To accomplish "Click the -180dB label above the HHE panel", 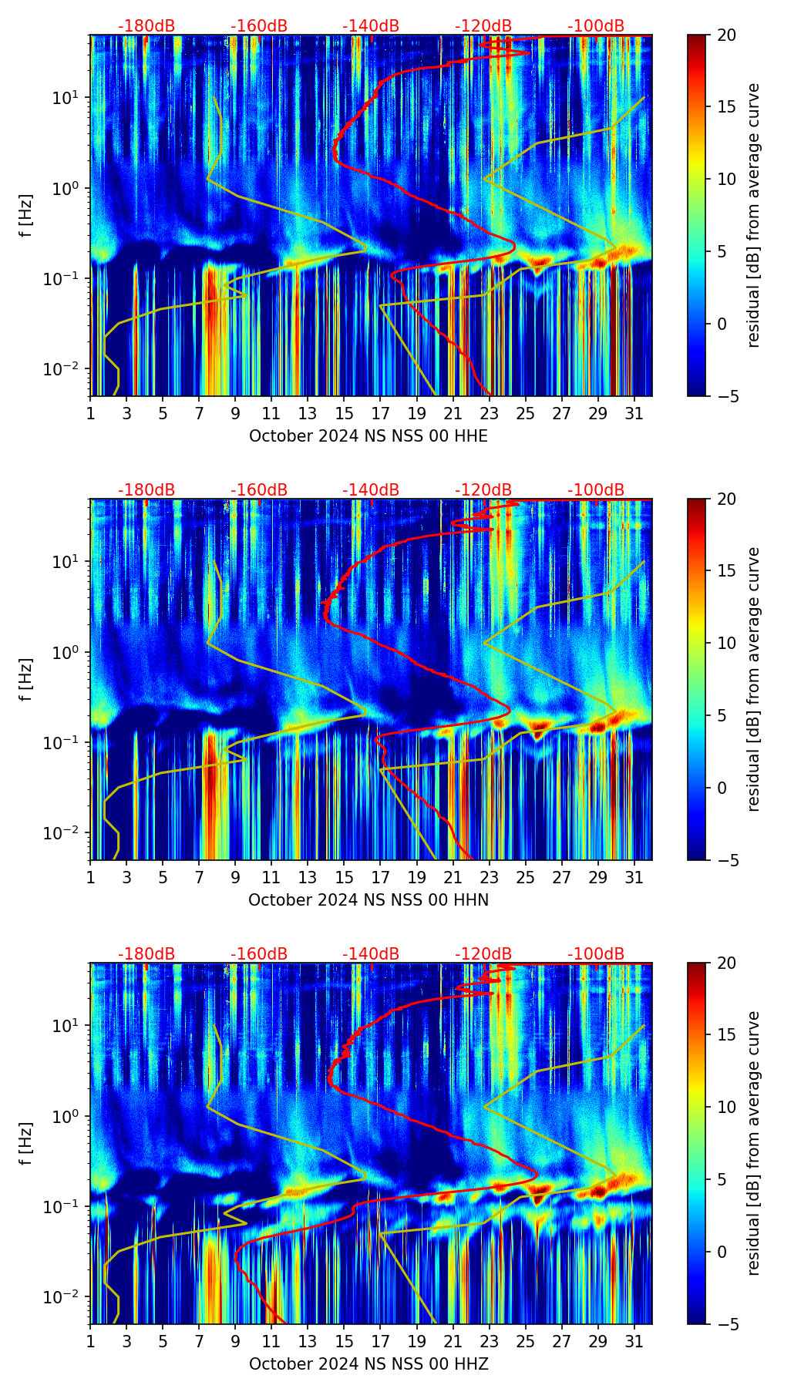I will point(146,26).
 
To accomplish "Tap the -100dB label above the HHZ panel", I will point(596,954).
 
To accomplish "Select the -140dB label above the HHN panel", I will point(371,490).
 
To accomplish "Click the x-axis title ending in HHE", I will point(368,436).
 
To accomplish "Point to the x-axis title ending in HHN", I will point(368,900).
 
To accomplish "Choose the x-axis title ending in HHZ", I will point(368,1364).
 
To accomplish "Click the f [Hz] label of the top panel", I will point(25,215).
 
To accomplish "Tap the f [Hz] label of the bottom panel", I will point(25,1143).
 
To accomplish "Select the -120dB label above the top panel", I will point(483,26).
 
